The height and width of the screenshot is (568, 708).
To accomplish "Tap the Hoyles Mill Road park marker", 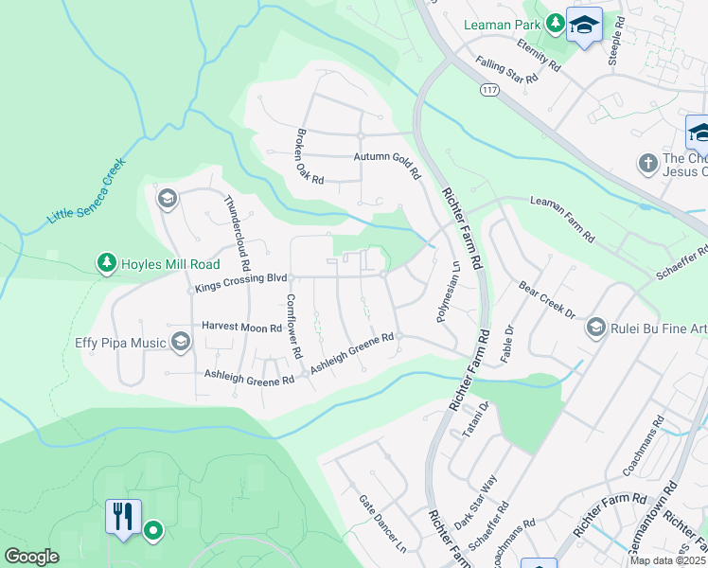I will point(107,264).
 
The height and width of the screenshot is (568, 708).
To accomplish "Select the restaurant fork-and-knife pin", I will point(123,517).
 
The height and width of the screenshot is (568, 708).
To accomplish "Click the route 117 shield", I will point(488,90).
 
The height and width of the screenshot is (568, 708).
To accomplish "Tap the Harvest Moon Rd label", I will point(242,327).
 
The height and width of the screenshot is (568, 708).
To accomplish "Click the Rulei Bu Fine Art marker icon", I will point(595,328).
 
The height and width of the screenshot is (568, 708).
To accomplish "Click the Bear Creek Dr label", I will point(547,300).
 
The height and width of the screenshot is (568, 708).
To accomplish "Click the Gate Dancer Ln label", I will point(382,524).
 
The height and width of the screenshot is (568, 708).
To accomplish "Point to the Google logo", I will point(32,557).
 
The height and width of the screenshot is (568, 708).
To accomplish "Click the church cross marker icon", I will point(648,163).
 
